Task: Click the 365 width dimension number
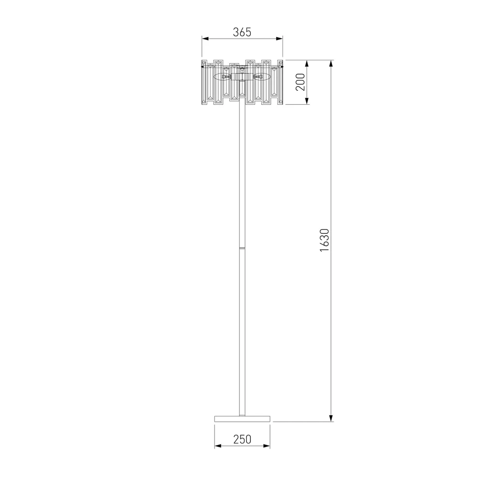[242, 32]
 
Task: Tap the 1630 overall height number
[324, 239]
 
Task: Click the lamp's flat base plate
[242, 417]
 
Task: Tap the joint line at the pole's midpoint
[242, 247]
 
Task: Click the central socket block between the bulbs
[242, 76]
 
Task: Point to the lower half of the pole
[242, 333]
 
